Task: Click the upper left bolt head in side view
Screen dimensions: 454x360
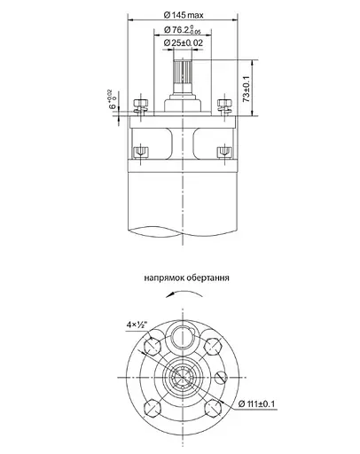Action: (x=139, y=107)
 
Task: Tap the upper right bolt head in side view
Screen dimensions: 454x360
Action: (x=227, y=107)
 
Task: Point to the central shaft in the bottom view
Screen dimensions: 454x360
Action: (x=183, y=378)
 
